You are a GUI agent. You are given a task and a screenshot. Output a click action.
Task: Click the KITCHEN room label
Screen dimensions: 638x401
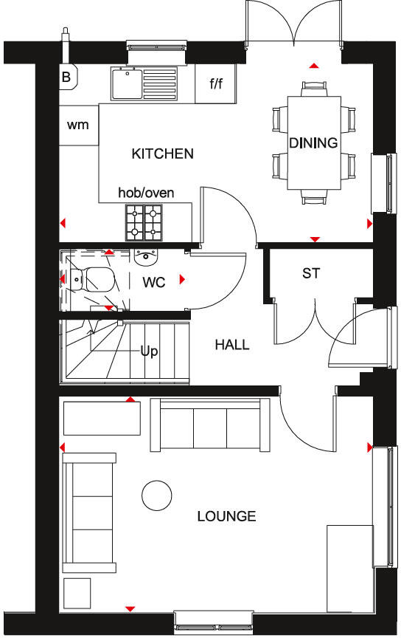[162, 154]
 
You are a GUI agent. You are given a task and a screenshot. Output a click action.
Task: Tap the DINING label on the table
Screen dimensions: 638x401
[313, 143]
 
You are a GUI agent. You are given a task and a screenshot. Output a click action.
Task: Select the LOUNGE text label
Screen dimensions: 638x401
[226, 516]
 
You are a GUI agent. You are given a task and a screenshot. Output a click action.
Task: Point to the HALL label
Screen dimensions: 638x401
[231, 344]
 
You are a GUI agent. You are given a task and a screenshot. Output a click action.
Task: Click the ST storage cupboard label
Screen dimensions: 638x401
[311, 273]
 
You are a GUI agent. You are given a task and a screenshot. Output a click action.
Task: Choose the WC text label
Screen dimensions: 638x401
[154, 282]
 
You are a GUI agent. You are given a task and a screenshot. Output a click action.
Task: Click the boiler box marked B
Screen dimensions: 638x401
[66, 76]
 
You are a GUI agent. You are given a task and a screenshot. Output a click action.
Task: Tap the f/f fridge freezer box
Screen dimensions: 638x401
[216, 83]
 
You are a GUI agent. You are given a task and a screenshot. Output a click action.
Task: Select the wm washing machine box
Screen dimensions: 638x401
[78, 125]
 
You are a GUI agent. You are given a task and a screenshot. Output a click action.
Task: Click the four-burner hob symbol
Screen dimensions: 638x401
[144, 222]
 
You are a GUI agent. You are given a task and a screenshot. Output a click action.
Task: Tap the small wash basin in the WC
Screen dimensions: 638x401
[146, 257]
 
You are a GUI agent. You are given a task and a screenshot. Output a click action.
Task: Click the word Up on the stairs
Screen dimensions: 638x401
[149, 351]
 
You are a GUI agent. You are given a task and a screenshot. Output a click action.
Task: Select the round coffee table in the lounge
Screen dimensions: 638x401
[156, 495]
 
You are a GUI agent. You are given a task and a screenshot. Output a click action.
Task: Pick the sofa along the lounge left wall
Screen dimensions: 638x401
[89, 512]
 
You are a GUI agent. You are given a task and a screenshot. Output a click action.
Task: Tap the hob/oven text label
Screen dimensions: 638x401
[146, 193]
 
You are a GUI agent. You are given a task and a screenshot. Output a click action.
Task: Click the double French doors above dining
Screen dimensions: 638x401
[293, 22]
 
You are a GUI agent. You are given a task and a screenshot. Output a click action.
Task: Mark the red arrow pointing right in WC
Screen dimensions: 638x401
[181, 279]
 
